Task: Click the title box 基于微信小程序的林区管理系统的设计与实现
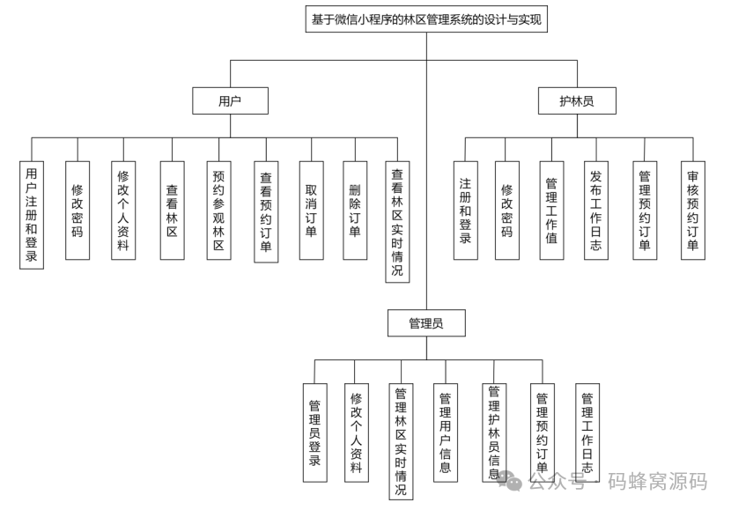point(426,19)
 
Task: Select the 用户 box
point(230,101)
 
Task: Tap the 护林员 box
point(577,101)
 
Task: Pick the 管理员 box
point(426,323)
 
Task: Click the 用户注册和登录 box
point(32,214)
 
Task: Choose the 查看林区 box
point(173,211)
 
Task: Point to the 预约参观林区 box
point(219,211)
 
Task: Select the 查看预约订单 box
point(266,211)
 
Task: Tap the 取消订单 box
point(311,211)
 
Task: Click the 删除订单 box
point(355,211)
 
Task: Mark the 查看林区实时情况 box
point(398,222)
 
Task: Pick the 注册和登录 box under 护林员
point(465,211)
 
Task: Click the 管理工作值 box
point(551,211)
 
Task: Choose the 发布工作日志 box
point(596,211)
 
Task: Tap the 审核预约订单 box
point(692,211)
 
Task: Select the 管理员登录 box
point(314,432)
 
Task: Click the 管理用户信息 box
point(446,432)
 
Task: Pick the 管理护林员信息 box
point(494,432)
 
